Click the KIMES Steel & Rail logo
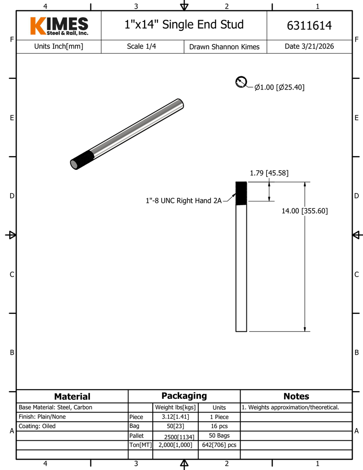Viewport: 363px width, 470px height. pos(59,26)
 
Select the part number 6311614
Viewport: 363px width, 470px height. pos(309,26)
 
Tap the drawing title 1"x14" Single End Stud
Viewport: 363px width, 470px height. pos(184,25)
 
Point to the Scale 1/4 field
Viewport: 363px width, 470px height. pos(141,46)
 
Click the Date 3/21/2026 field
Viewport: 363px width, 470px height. pos(309,46)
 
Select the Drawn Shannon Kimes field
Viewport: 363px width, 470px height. pos(224,47)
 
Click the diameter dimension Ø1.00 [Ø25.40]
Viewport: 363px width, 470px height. pos(279,87)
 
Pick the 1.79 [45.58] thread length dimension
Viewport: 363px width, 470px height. pos(269,173)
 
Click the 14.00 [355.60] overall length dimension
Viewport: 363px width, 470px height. pos(305,211)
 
